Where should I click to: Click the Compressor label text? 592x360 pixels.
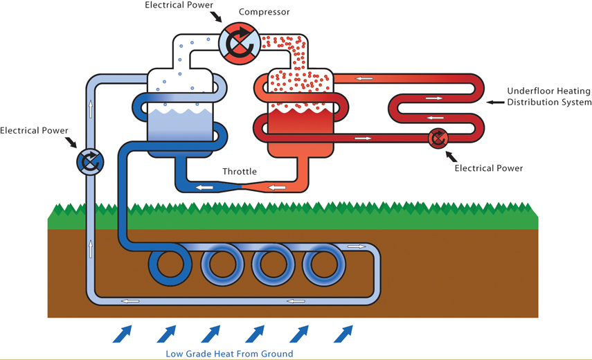(x=264, y=12)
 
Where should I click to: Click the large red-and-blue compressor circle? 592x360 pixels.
(x=240, y=44)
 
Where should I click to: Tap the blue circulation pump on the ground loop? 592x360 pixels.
(x=90, y=162)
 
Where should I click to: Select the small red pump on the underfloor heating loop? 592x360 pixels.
(x=438, y=138)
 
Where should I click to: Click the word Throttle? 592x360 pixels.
(x=240, y=172)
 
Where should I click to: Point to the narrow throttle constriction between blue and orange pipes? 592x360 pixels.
(x=241, y=186)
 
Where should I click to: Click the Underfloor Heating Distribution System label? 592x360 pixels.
(x=549, y=97)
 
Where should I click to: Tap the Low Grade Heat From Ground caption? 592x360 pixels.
(x=229, y=354)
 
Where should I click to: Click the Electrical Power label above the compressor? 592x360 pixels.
(x=179, y=5)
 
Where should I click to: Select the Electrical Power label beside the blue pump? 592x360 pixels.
(x=34, y=131)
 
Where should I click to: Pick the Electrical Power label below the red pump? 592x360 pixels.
(x=489, y=168)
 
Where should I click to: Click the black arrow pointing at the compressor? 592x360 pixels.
(x=216, y=17)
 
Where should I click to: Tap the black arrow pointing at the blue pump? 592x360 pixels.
(x=71, y=142)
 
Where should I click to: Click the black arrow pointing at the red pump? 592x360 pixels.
(x=451, y=156)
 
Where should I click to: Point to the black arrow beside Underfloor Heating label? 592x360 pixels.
(x=495, y=102)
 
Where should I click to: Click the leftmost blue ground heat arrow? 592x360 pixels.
(x=123, y=334)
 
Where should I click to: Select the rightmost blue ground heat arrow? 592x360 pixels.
(x=343, y=334)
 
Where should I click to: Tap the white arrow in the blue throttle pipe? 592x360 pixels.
(x=204, y=187)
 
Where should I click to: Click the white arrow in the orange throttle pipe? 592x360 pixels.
(x=277, y=187)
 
